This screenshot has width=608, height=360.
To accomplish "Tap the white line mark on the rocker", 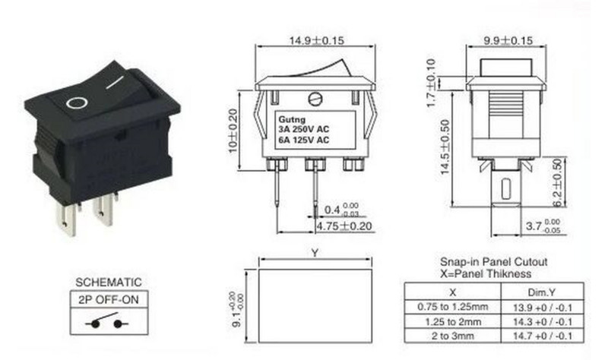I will point(116,81).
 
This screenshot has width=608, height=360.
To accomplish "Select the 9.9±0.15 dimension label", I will point(508,39).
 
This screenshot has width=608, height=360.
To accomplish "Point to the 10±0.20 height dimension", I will point(233,130).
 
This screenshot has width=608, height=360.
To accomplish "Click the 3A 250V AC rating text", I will point(302,130).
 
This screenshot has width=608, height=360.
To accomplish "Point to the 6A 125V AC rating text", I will point(302,140).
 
